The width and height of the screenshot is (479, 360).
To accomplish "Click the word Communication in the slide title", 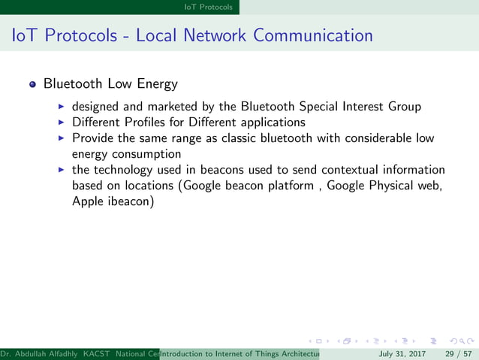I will click(x=313, y=35).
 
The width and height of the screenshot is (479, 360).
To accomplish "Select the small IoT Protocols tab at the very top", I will click(x=209, y=7).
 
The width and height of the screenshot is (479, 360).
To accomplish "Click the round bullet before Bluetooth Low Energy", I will click(x=32, y=83).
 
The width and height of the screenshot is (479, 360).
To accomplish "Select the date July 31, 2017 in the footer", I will click(x=402, y=353).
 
